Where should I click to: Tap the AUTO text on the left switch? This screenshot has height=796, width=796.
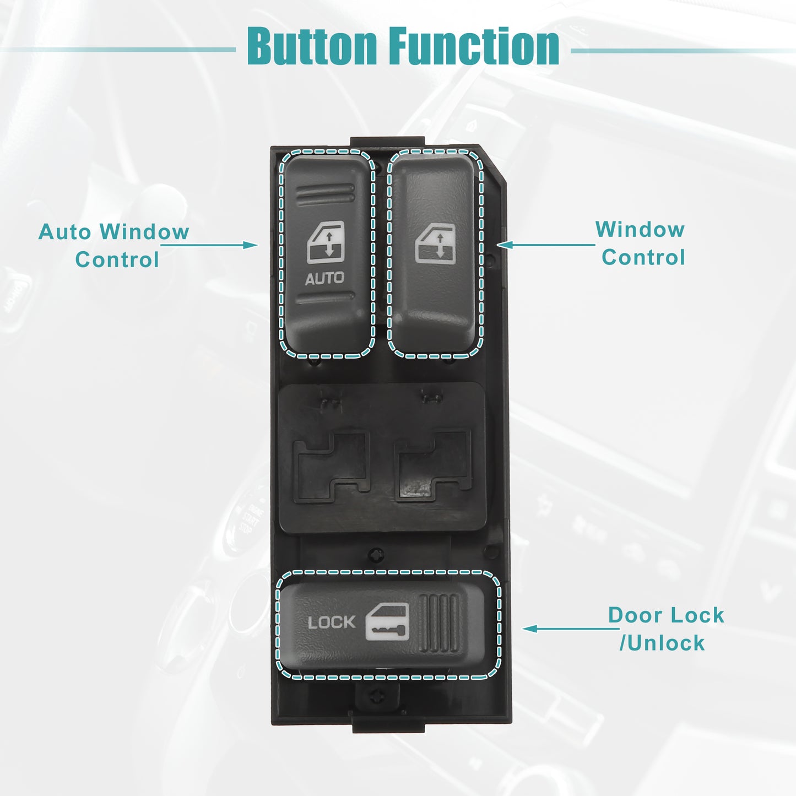[x=324, y=278]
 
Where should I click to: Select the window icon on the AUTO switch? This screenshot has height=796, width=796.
[x=326, y=242]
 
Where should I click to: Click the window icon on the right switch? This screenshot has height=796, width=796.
[x=435, y=243]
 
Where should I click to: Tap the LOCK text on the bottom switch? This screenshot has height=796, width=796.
[x=331, y=622]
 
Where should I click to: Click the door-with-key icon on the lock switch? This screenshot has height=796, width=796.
[x=387, y=621]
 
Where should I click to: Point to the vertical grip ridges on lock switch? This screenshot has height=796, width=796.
[x=439, y=623]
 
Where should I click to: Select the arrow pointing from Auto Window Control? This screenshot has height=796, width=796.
[x=209, y=245]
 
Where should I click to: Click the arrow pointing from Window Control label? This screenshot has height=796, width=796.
[x=546, y=245]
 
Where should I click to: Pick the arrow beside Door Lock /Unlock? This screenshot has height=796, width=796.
[x=571, y=629]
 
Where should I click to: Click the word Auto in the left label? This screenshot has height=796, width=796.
[x=64, y=231]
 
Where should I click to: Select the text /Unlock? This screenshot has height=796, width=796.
[x=662, y=643]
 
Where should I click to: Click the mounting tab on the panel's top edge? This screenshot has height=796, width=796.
[x=387, y=142]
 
